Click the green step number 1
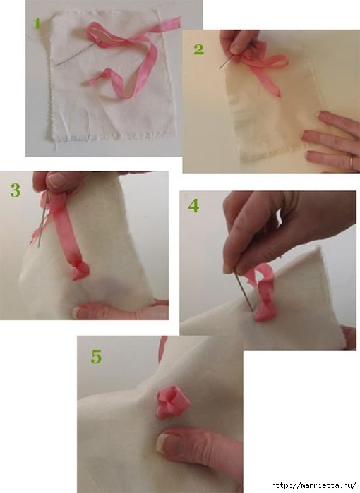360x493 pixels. pyautogui.click(x=37, y=23)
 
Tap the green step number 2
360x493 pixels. pyautogui.click(x=198, y=49)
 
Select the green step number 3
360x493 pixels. pyautogui.click(x=16, y=190)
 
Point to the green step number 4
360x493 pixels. pyautogui.click(x=193, y=206)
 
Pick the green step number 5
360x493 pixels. pyautogui.click(x=97, y=357)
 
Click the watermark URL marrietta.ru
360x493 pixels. pyautogui.click(x=313, y=485)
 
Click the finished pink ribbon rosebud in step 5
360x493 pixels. pyautogui.click(x=173, y=403)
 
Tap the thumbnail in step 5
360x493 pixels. pyautogui.click(x=164, y=443)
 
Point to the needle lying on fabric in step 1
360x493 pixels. pyautogui.click(x=76, y=54)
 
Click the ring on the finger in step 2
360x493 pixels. pyautogui.click(x=352, y=162)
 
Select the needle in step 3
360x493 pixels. pyautogui.click(x=42, y=219)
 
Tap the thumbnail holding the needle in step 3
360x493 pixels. pyautogui.click(x=56, y=181)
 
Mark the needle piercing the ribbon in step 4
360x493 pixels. pyautogui.click(x=243, y=290)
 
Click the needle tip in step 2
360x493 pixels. pyautogui.click(x=220, y=68)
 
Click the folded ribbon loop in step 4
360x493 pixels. pyautogui.click(x=261, y=293)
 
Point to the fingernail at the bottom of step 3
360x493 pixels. pyautogui.click(x=78, y=312)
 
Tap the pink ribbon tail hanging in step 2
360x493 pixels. pyautogui.click(x=270, y=81)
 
